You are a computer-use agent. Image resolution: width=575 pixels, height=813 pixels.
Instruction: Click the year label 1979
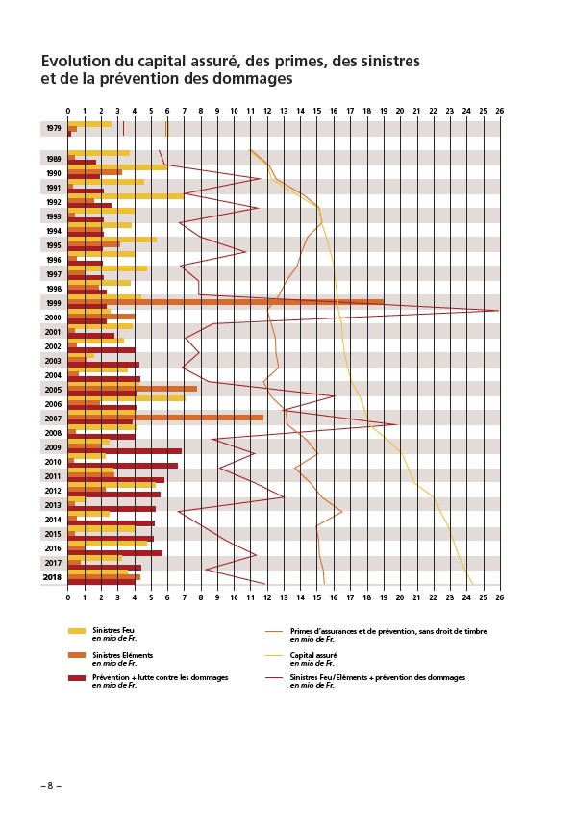[x=53, y=128]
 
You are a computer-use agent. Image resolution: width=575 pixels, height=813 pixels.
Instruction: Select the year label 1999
[x=53, y=303]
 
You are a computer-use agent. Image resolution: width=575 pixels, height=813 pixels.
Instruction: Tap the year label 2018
[x=52, y=577]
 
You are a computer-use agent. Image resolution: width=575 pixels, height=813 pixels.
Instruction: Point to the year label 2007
[x=53, y=419]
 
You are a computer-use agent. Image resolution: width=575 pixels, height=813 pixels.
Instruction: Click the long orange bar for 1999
[x=226, y=302]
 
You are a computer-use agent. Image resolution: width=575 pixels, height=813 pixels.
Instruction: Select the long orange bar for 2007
[x=165, y=418]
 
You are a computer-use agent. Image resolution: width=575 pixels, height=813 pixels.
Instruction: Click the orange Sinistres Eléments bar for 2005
[x=133, y=389]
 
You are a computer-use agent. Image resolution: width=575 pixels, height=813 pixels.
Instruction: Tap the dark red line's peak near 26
[x=498, y=311]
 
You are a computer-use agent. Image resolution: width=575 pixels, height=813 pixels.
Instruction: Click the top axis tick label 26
[x=499, y=111]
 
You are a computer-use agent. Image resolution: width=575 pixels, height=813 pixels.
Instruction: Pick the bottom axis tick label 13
[x=284, y=597]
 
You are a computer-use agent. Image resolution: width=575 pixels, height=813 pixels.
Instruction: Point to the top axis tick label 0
[x=68, y=111]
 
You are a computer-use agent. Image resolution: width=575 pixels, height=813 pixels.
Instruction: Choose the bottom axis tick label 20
[x=400, y=597]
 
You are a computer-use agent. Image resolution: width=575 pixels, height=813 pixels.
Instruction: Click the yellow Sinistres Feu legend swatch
[x=77, y=631]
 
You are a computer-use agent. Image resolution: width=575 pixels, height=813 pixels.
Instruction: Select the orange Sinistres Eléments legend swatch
[x=77, y=656]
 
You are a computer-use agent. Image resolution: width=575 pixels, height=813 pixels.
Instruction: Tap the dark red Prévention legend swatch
[x=77, y=678]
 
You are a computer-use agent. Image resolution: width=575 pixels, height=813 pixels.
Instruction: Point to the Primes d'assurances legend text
[x=388, y=631]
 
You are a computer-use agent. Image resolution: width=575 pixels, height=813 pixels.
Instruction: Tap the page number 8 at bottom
[x=51, y=785]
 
